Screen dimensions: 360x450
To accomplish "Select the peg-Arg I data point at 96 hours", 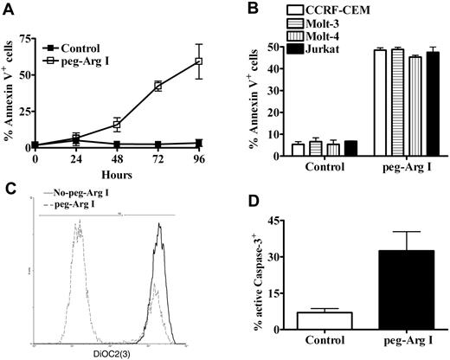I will [x=198, y=61].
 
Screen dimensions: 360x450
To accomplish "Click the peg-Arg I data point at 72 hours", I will [x=157, y=86].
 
